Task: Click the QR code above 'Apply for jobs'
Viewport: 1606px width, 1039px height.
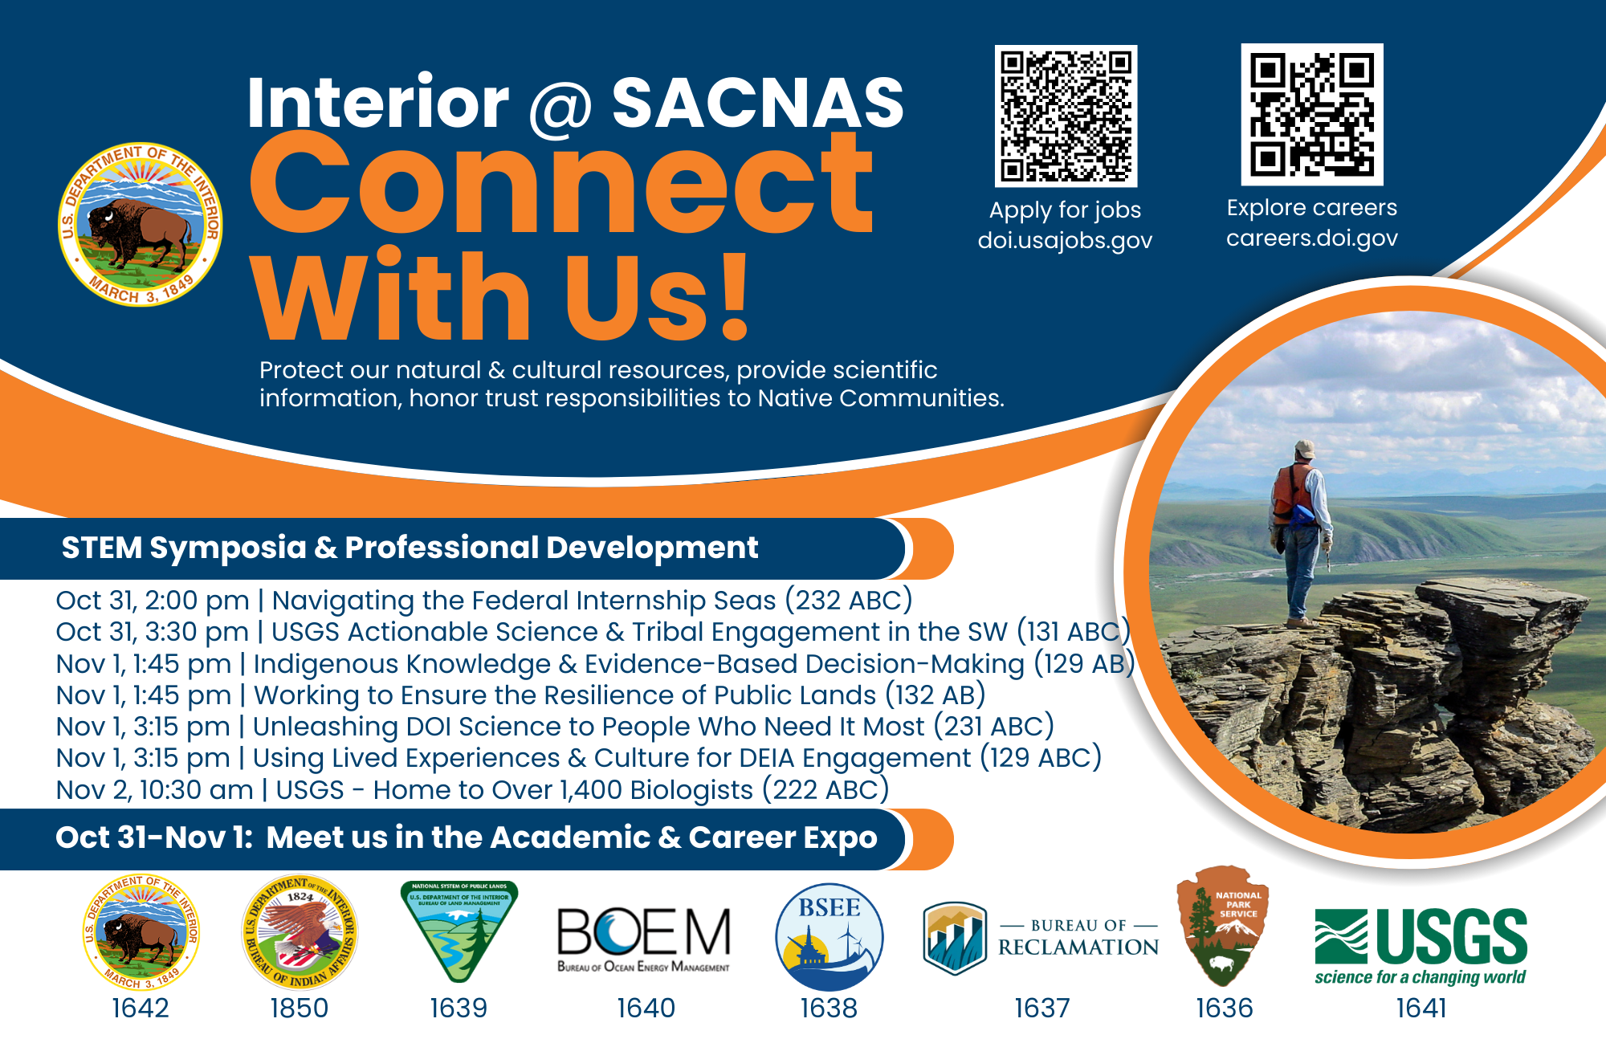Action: pos(1066,116)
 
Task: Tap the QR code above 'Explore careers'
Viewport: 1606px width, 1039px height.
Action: pos(1312,114)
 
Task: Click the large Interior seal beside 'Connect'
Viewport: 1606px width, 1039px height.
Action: pos(141,225)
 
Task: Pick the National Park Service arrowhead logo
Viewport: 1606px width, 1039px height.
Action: pos(1222,925)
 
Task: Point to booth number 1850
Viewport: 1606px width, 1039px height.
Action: pos(300,1008)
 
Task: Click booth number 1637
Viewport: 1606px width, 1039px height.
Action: pos(1041,1008)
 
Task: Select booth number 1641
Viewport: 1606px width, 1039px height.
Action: pos(1421,1008)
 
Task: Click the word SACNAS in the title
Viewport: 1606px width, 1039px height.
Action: pos(757,103)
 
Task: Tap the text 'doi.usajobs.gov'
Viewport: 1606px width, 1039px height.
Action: pos(1065,240)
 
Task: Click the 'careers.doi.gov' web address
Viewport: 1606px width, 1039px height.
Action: pos(1311,238)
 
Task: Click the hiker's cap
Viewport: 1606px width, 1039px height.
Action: pos(1306,448)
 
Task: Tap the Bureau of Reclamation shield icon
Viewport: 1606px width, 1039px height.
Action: pos(954,938)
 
